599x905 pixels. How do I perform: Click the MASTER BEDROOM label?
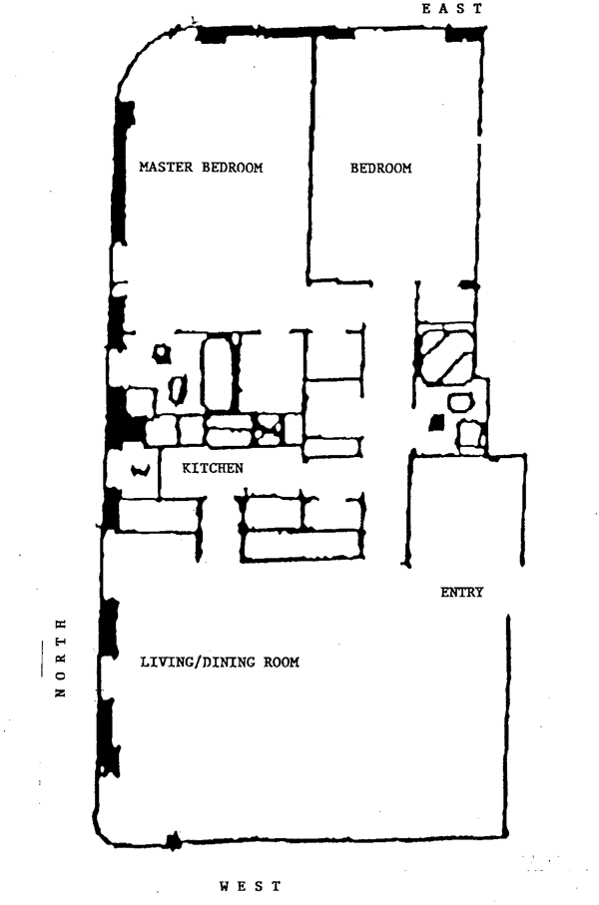point(201,168)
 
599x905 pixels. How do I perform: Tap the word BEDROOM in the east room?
point(380,169)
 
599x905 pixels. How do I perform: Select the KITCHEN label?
point(212,467)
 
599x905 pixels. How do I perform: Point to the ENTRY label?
point(461,593)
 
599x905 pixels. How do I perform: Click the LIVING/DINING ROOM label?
point(220,662)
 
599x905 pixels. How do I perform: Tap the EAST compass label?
point(452,8)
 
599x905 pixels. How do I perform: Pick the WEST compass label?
point(250,885)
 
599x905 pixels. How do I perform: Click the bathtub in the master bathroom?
point(219,372)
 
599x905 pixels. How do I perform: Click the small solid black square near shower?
point(435,423)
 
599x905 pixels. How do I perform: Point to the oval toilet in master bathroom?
point(179,388)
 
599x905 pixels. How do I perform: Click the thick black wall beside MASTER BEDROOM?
point(123,175)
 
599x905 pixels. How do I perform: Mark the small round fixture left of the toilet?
point(159,353)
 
